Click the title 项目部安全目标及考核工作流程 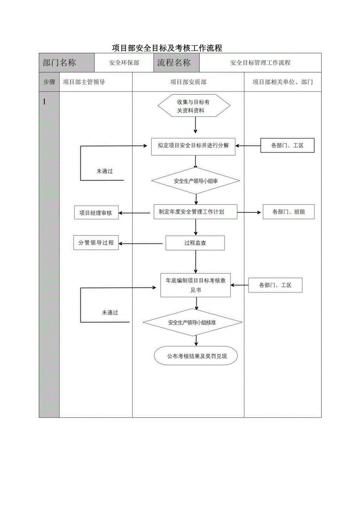[x=167, y=48]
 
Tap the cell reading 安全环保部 [x=124, y=63]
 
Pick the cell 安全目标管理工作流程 [x=260, y=63]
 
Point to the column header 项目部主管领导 [x=84, y=82]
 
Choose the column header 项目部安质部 [x=188, y=82]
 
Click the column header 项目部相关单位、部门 [x=283, y=82]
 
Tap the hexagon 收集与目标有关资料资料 [x=194, y=106]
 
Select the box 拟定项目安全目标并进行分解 [x=193, y=146]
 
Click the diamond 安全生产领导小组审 [x=195, y=181]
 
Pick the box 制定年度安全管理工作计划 [x=195, y=212]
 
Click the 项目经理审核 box [x=96, y=213]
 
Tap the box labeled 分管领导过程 [x=96, y=243]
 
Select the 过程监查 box [x=195, y=243]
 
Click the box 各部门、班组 [x=288, y=212]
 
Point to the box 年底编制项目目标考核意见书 [x=196, y=285]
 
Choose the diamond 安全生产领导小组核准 [x=193, y=323]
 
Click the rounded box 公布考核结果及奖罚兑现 [x=196, y=356]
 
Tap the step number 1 [x=44, y=102]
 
